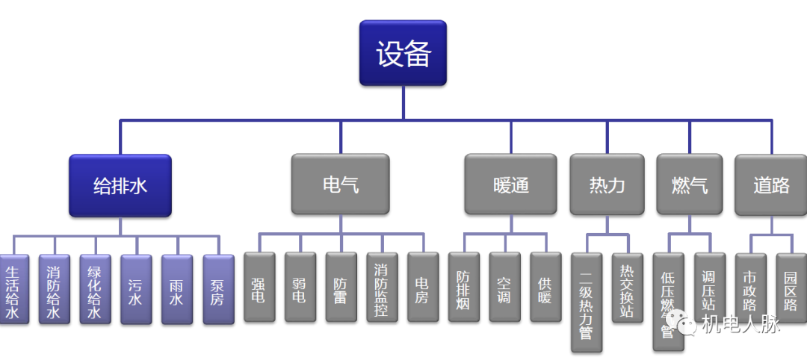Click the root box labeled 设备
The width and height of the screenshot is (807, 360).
403,53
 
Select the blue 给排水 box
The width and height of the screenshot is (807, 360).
120,185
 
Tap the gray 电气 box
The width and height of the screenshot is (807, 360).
340,184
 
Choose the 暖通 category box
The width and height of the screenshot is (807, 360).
511,184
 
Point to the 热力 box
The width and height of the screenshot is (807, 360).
607,184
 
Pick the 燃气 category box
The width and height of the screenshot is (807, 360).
689,184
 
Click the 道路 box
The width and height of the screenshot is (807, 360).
770,184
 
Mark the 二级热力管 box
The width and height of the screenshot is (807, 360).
587,302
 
